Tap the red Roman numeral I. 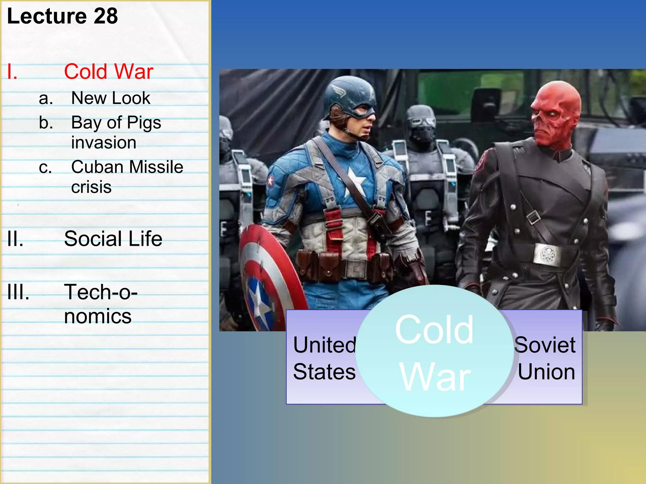[x=12, y=72]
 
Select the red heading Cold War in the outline [x=109, y=72]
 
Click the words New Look [x=111, y=98]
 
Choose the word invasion [x=104, y=143]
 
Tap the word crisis [x=91, y=187]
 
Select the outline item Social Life [x=113, y=239]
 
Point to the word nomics [x=98, y=316]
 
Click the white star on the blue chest [x=355, y=182]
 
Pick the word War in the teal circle [x=435, y=377]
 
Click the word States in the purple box [x=324, y=372]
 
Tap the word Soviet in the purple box [x=545, y=345]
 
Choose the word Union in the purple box [x=546, y=372]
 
